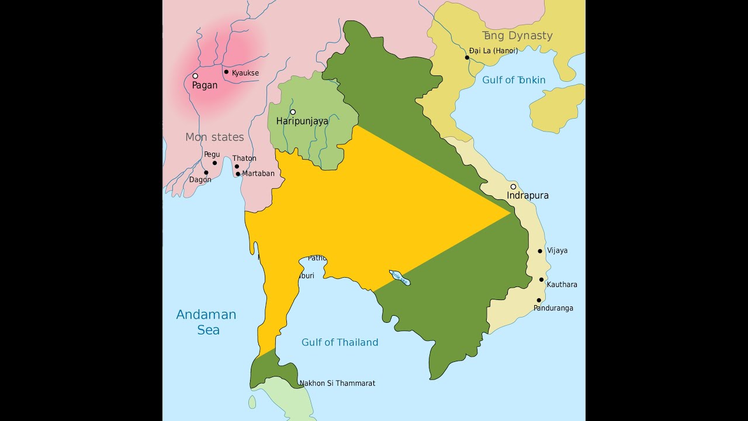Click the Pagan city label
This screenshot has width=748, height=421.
[x=205, y=85]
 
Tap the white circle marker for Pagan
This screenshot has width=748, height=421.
[x=195, y=75]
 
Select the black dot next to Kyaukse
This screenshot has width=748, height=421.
[x=226, y=72]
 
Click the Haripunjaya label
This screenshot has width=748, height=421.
[x=302, y=121]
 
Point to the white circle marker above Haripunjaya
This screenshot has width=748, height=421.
[x=293, y=112]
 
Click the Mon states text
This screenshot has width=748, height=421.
[x=214, y=137]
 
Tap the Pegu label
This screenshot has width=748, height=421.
[x=212, y=154]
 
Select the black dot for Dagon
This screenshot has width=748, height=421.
[x=206, y=172]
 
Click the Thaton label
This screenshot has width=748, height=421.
[x=244, y=158]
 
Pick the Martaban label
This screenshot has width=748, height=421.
[x=258, y=174]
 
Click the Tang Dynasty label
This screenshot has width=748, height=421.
[x=517, y=35]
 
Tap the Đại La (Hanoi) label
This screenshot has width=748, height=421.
[x=494, y=51]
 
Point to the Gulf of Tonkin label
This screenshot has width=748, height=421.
[x=514, y=80]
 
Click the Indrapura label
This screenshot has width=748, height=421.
[x=528, y=195]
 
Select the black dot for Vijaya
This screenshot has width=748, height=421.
[x=540, y=251]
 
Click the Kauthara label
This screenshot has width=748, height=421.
[x=562, y=285]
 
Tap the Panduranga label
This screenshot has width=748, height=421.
[x=553, y=308]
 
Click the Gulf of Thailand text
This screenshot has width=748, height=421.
[x=340, y=342]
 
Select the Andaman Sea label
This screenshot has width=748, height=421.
[x=206, y=322]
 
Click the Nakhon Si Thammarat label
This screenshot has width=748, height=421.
[x=337, y=384]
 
